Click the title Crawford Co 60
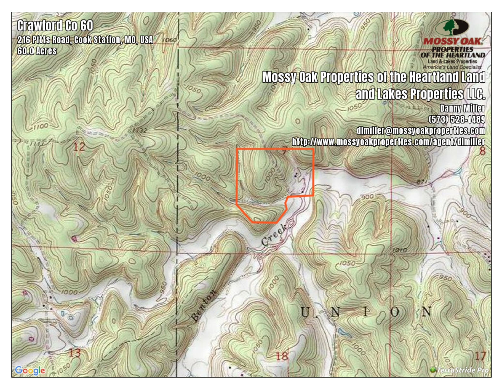click(55, 26)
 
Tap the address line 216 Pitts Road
click(85, 40)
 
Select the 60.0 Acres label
click(37, 51)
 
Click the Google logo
click(30, 370)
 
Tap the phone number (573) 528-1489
click(457, 119)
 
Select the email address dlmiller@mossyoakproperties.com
click(420, 130)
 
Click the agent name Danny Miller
click(462, 108)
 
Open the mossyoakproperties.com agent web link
click(388, 141)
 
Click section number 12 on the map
click(79, 147)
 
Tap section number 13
click(75, 352)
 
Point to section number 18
click(282, 356)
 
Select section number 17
click(480, 356)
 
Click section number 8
click(482, 151)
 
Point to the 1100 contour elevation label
click(40, 126)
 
